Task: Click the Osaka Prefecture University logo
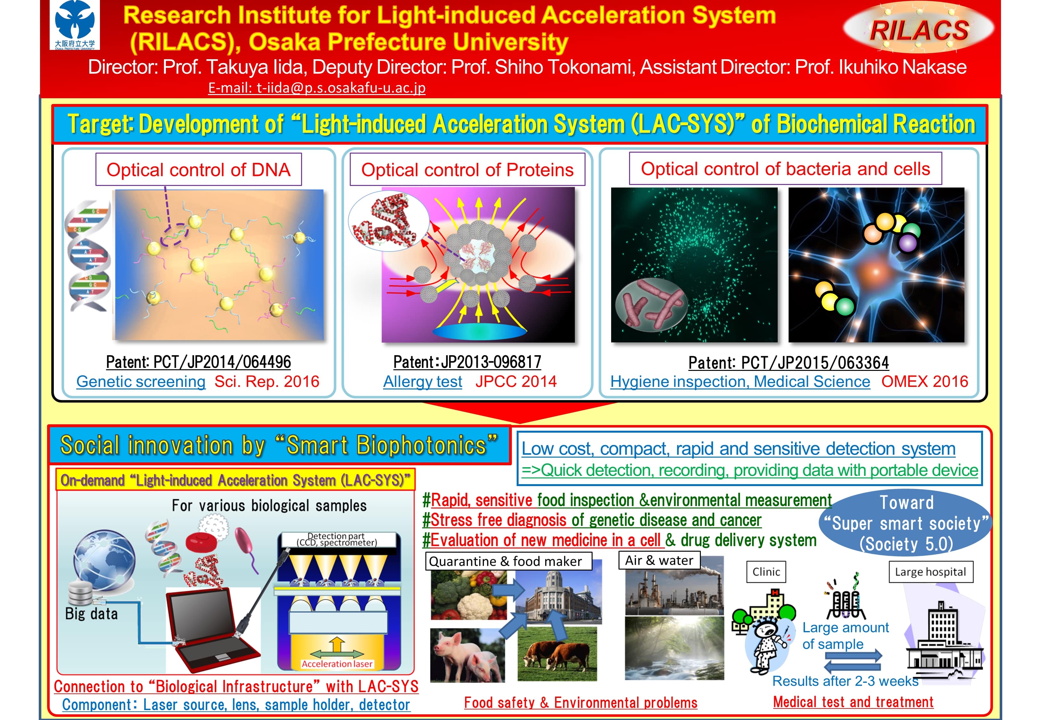coord(75,25)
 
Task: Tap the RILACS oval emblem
coord(919,28)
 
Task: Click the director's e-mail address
coord(317,87)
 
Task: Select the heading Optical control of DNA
coord(199,170)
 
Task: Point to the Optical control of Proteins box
coord(467,170)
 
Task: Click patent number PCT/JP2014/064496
coord(199,362)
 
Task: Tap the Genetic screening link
coord(141,382)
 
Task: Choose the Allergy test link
coord(422,382)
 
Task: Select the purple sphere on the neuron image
coord(907,244)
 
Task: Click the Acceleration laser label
coord(337,664)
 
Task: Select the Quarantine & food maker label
coord(508,561)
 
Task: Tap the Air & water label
coord(659,560)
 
